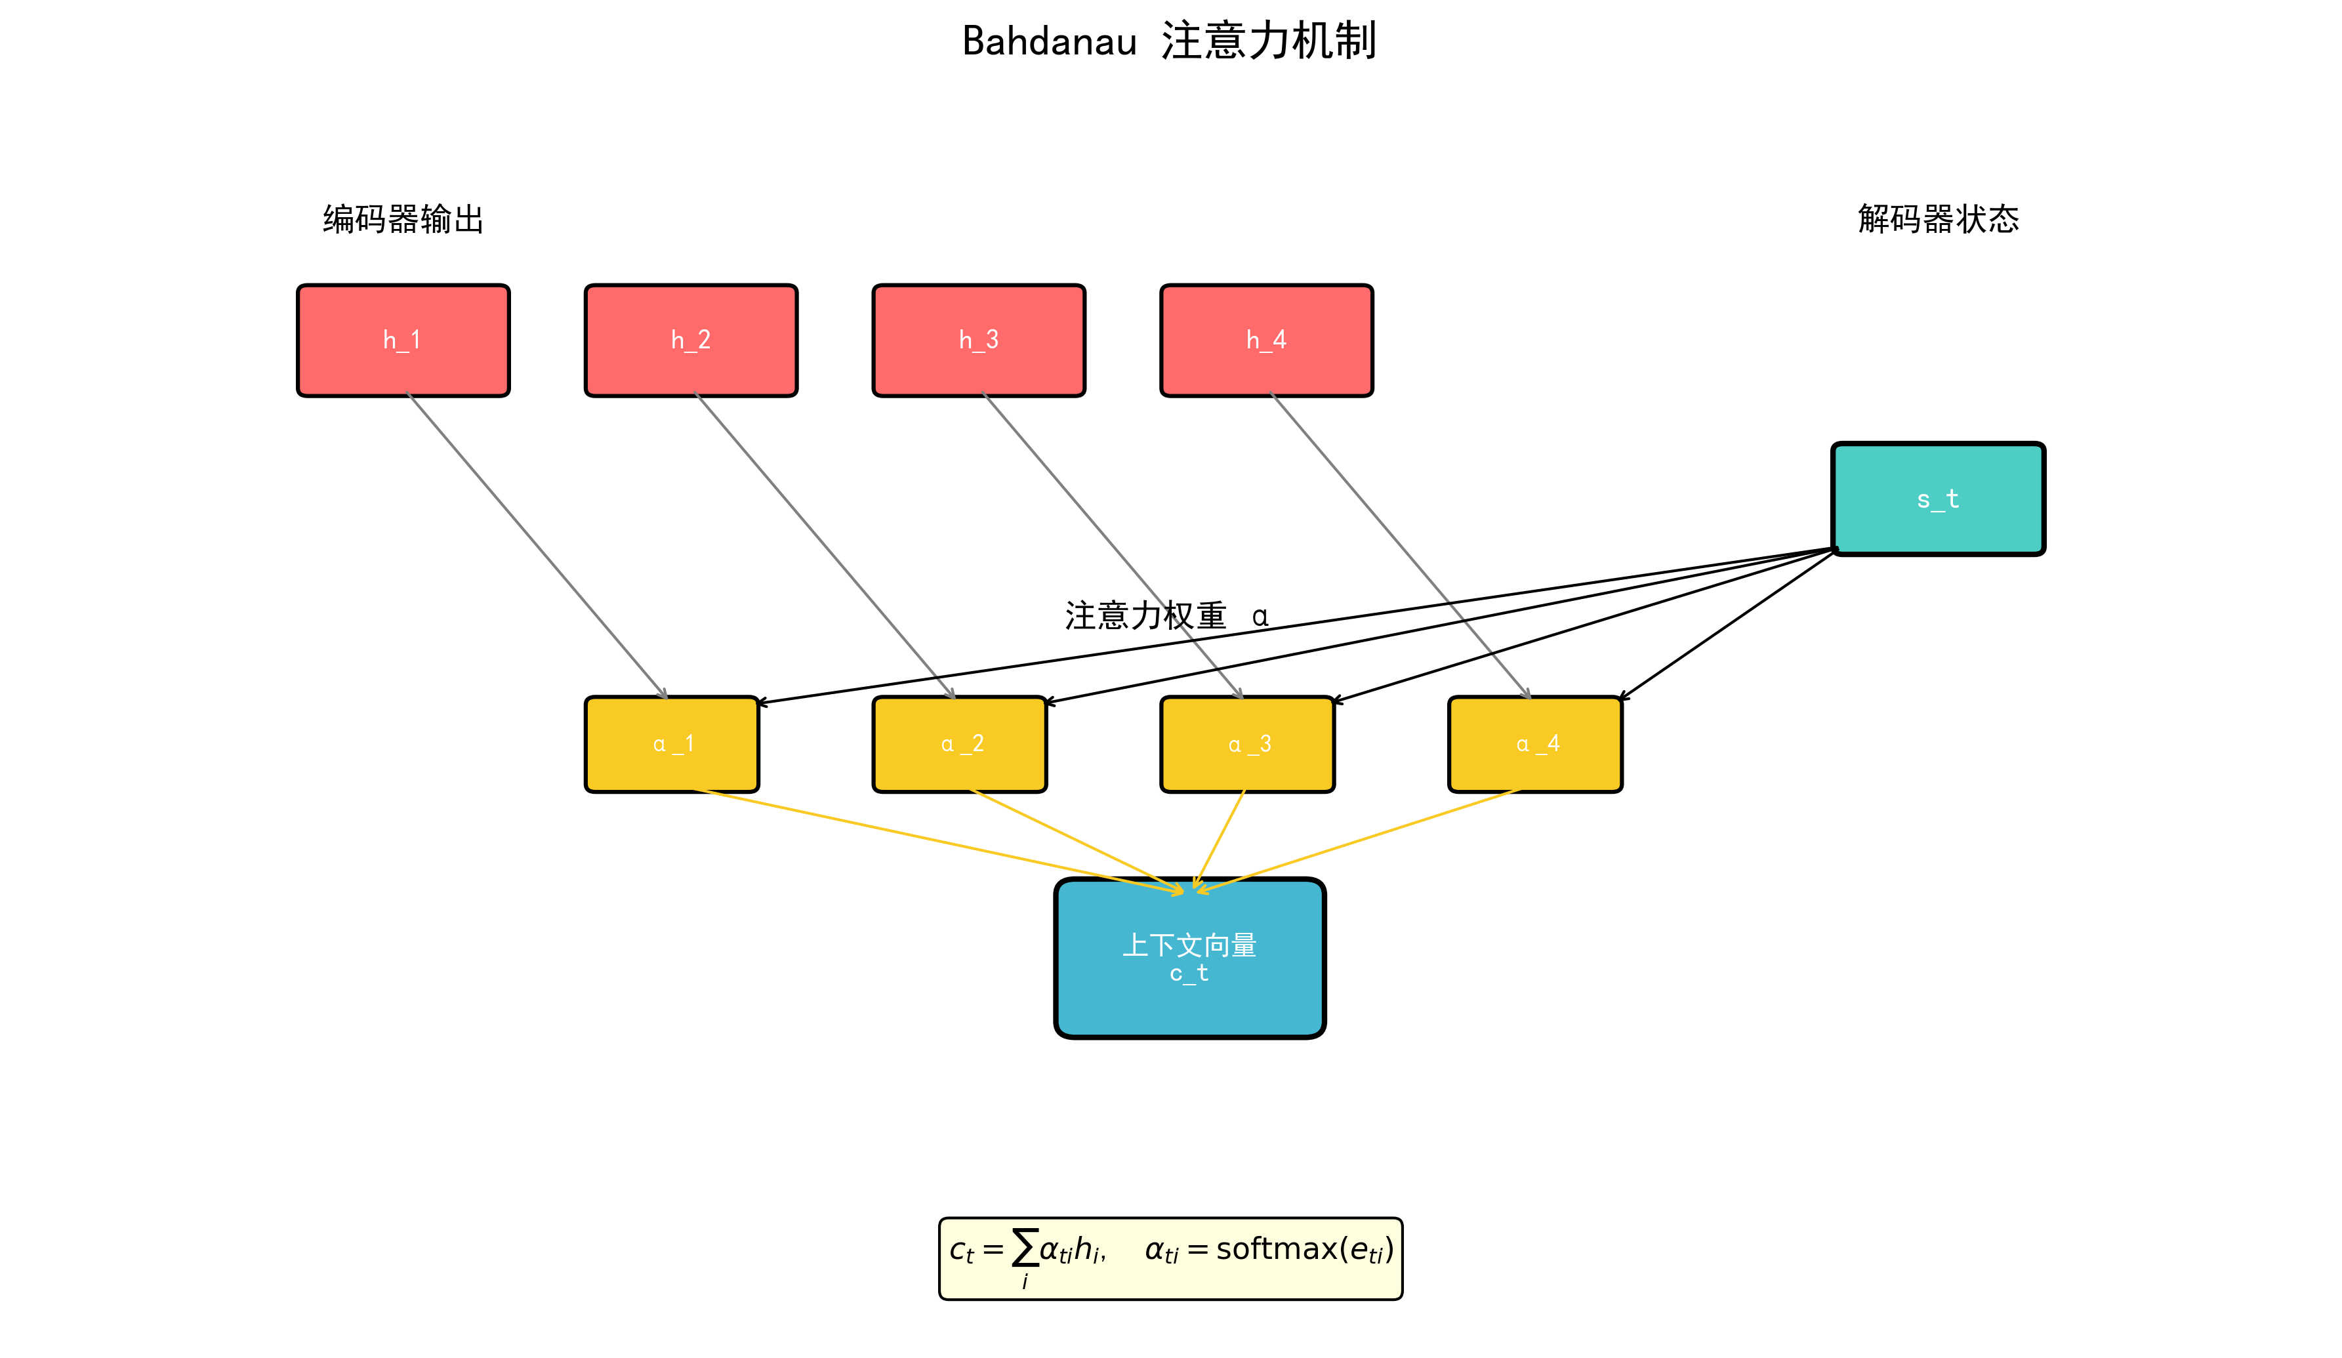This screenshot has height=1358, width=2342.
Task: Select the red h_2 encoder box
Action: coord(691,340)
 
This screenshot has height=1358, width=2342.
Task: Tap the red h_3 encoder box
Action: coord(979,340)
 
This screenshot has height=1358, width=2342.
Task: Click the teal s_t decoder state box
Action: coord(1938,499)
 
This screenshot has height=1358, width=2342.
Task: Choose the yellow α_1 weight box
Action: coord(671,743)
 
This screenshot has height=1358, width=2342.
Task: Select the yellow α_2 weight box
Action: coord(959,743)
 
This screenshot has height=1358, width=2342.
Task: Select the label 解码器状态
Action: coord(1938,219)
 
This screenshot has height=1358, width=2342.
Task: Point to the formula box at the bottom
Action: coord(1170,1258)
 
